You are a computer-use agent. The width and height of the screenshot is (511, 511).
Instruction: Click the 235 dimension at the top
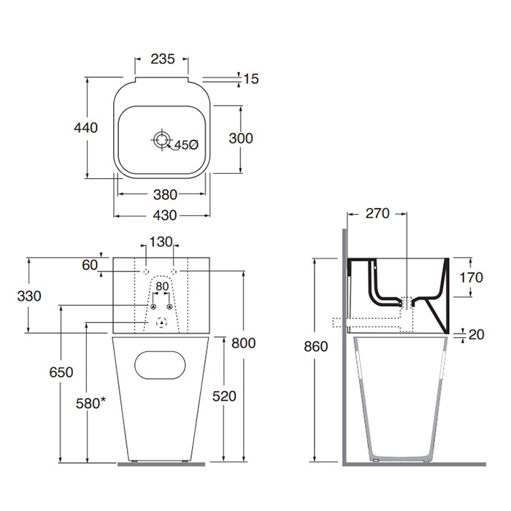pos(162,60)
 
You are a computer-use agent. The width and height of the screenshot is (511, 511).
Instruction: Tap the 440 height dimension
pos(85,128)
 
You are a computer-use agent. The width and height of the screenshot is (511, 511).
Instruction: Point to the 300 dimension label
pos(240,139)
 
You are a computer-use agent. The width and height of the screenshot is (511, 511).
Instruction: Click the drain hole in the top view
pos(161,138)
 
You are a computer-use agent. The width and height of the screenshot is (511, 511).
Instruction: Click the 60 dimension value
pos(90,266)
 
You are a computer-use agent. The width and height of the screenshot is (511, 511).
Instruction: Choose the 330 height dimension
pos(28,296)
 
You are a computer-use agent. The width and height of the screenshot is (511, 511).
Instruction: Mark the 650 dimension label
pos(61,372)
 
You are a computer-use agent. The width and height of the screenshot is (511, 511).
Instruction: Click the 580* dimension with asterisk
pos(91,402)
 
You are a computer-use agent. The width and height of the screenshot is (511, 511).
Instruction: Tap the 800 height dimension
pos(242,343)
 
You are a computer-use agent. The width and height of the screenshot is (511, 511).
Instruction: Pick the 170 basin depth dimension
pos(472,277)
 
